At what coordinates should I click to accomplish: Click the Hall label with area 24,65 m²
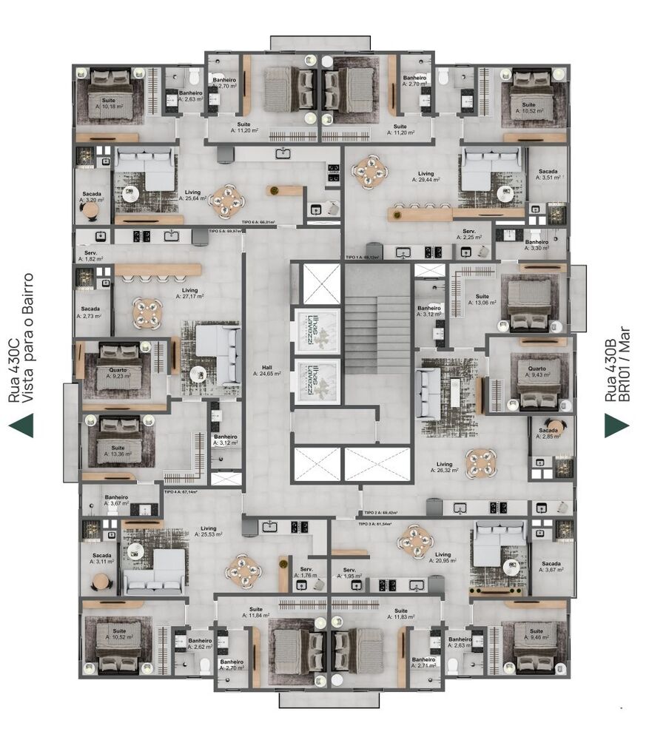[264, 370]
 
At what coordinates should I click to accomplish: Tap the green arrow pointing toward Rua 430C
[21, 425]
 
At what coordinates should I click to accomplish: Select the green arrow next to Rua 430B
[616, 425]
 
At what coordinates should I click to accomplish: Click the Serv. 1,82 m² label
[89, 256]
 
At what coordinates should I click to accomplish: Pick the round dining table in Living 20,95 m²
[414, 542]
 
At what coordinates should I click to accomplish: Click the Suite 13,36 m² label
[118, 451]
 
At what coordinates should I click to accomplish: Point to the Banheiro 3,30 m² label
[537, 245]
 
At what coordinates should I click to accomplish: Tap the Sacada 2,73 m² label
[90, 312]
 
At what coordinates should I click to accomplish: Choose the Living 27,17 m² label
[190, 293]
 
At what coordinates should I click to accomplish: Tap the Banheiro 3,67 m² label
[115, 500]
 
